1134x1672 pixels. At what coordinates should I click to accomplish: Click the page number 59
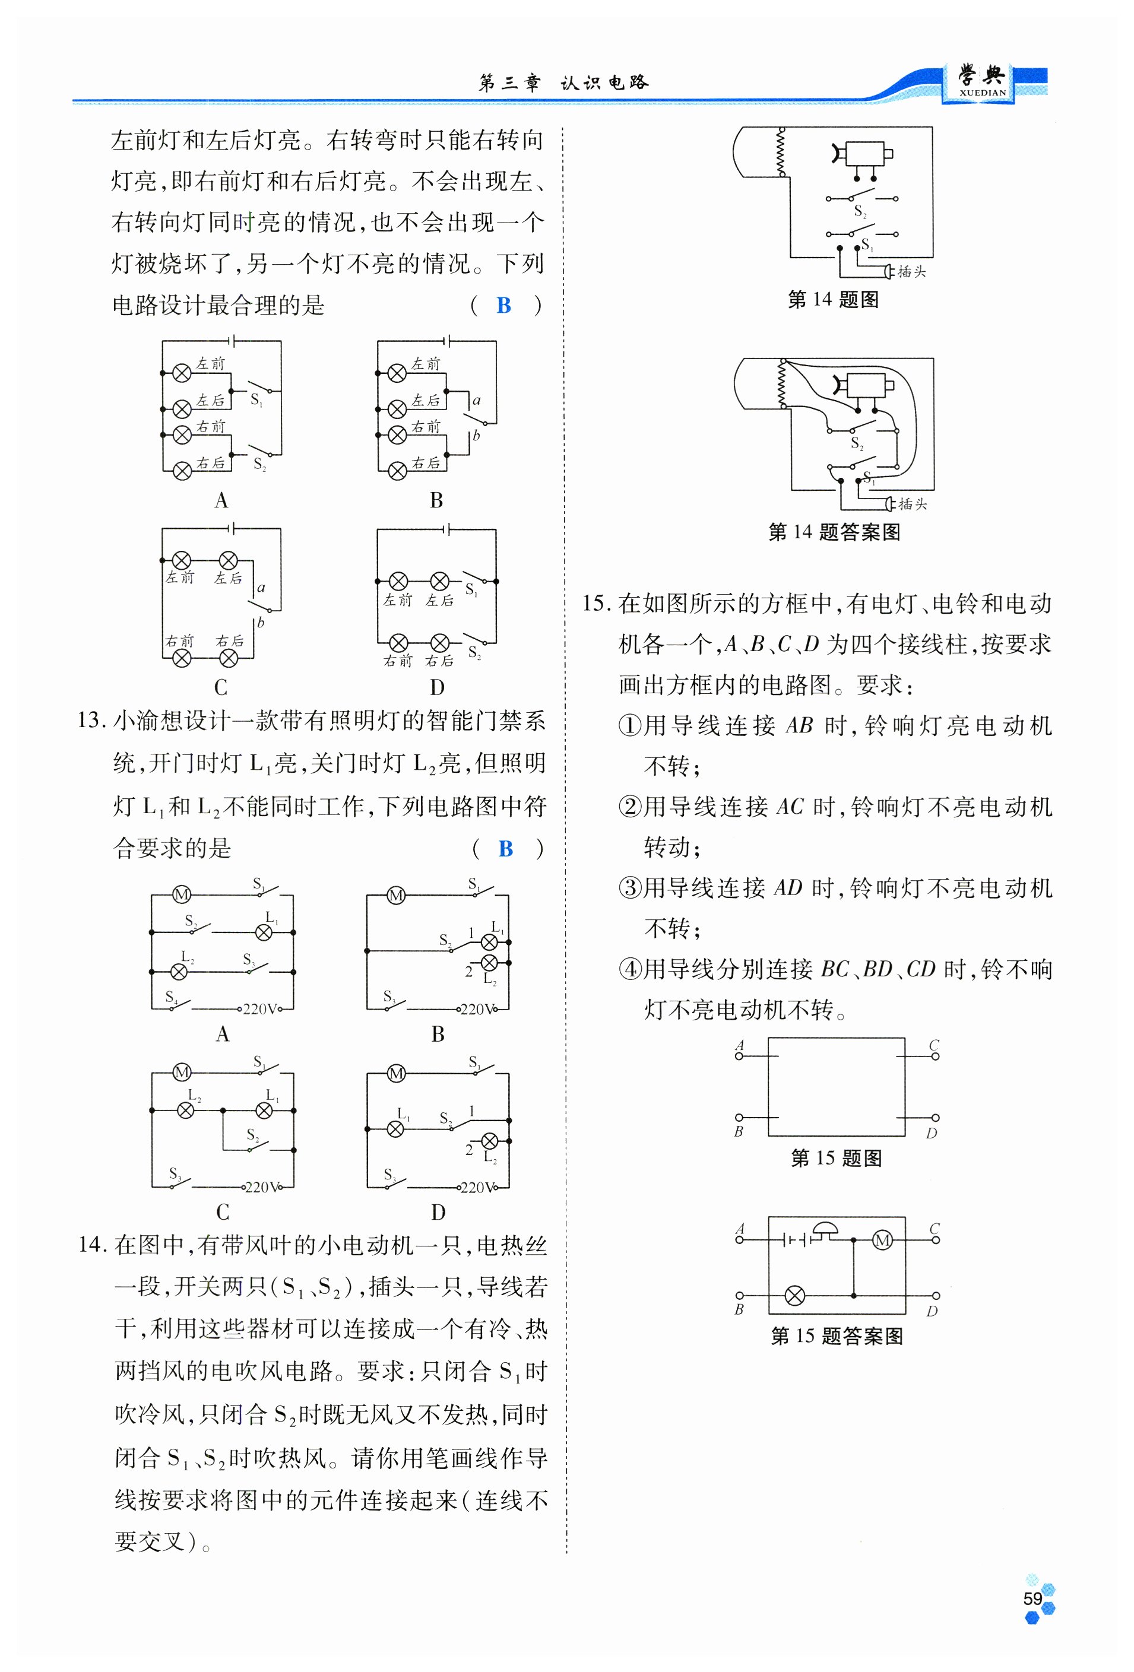click(1032, 1598)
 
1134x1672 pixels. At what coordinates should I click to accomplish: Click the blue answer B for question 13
click(505, 849)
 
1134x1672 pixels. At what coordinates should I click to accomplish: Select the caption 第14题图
click(833, 299)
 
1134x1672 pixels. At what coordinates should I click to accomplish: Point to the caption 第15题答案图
click(836, 1336)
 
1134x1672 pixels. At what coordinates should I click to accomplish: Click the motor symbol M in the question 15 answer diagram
click(882, 1240)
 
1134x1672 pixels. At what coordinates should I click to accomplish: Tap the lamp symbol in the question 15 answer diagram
click(794, 1296)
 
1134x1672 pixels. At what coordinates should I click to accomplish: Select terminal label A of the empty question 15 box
click(740, 1045)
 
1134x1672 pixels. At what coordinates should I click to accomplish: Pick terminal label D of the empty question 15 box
click(932, 1133)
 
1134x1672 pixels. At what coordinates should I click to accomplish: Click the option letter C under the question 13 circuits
click(222, 1211)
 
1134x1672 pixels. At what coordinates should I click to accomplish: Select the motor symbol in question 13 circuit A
click(180, 895)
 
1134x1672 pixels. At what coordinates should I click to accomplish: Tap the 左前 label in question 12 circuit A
click(211, 364)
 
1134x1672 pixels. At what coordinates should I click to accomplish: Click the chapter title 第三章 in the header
click(509, 83)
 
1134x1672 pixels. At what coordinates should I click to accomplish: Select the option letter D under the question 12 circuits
click(437, 687)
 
